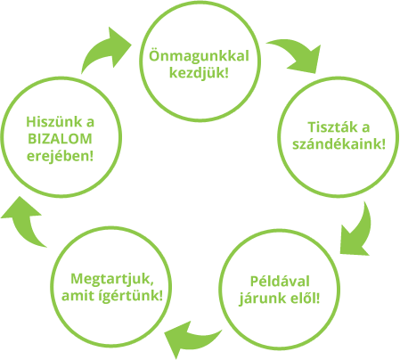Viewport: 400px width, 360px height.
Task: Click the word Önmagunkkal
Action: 199,56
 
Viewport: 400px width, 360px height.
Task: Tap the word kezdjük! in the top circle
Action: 199,72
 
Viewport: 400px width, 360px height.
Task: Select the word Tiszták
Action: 328,127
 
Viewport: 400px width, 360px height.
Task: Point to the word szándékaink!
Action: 339,144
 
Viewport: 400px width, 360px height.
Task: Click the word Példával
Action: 280,282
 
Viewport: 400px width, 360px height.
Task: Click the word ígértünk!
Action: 131,296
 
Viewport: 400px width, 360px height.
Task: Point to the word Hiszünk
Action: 54,122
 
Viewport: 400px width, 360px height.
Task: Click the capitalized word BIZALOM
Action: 60,139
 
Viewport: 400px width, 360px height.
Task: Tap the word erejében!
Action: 60,156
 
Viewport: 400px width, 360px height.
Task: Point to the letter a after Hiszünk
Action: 90,123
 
